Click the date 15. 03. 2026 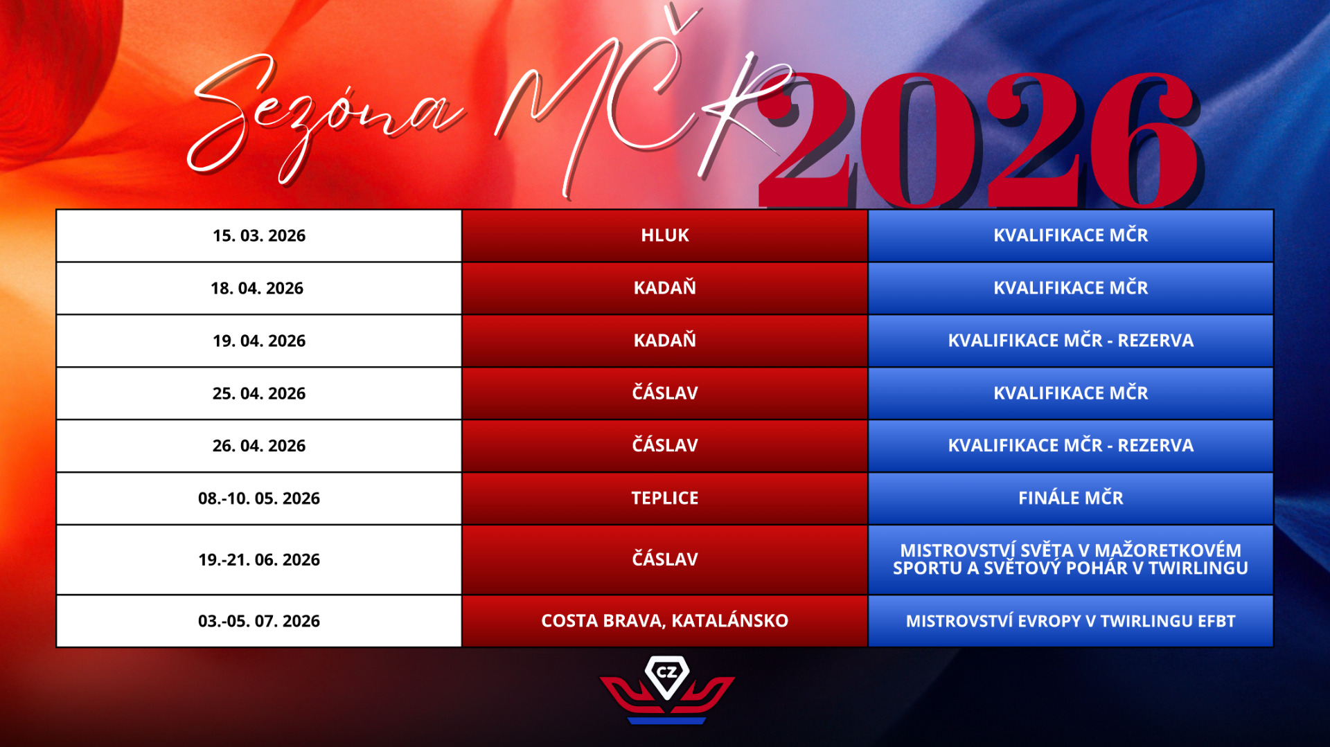pos(259,236)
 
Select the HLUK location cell pos(665,235)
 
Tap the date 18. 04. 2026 pos(257,289)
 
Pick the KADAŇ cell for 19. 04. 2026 pos(665,340)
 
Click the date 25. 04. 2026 pos(259,394)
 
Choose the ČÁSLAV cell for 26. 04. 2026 pos(665,444)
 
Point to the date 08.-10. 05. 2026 pos(259,498)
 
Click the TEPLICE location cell pos(665,498)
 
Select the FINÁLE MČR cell pos(1071,497)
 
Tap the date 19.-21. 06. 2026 pos(259,560)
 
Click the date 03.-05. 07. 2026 pos(259,621)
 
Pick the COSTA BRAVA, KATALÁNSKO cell pos(665,620)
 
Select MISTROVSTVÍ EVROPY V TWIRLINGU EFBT pos(1071,621)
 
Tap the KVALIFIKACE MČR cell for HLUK pos(1071,235)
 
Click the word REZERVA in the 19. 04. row pos(1155,341)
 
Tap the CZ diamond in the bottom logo pos(667,676)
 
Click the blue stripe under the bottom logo pos(666,721)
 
